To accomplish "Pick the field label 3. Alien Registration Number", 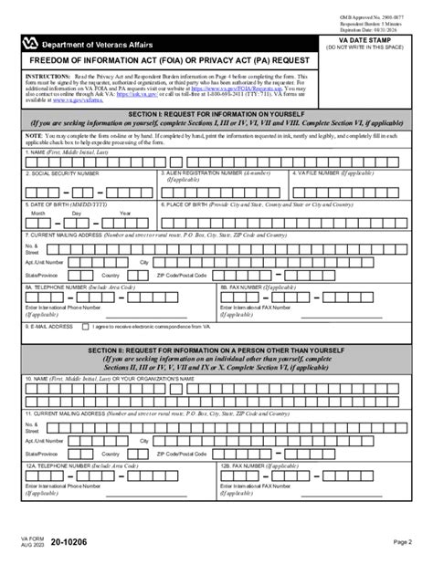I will [x=228, y=172].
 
